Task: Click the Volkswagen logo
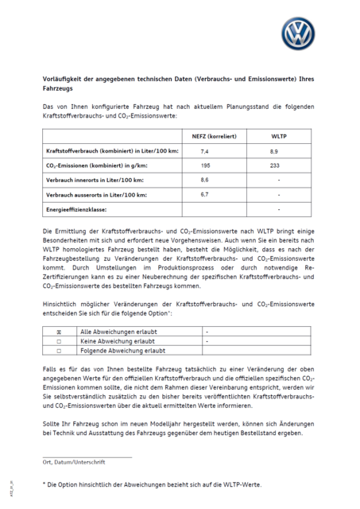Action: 298,34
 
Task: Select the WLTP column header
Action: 279,136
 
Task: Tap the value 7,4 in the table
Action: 204,151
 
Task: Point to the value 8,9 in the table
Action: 274,151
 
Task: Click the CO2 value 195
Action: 205,165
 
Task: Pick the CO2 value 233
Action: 275,165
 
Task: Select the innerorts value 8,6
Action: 204,181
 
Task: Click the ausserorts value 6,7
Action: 204,195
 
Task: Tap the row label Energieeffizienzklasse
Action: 80,210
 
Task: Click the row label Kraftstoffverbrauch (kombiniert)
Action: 112,151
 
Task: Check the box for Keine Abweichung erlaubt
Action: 59,340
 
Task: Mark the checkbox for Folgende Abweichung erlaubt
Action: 59,350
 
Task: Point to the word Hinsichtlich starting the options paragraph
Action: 60,305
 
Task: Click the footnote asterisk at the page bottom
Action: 44,484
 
